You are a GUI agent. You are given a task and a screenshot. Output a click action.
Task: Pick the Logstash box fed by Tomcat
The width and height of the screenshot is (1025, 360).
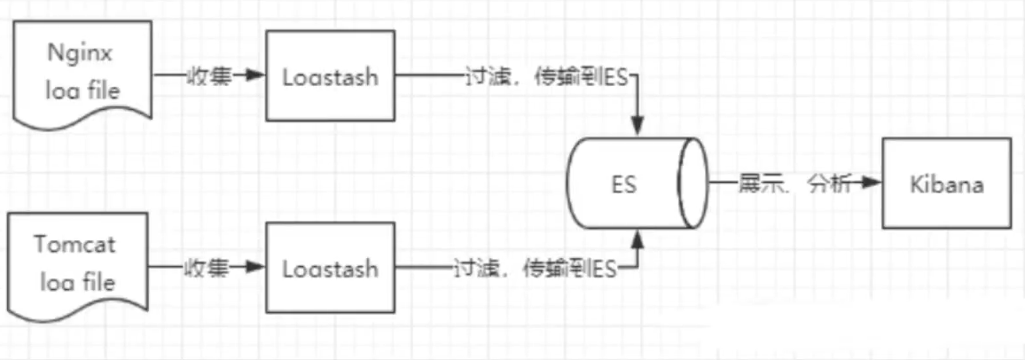click(330, 268)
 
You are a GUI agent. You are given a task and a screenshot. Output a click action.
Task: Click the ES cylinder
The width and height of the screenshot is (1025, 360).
click(638, 184)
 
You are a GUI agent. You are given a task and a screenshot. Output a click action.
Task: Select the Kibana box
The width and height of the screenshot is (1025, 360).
click(947, 184)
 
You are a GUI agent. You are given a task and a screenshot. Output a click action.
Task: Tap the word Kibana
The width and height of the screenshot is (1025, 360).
click(947, 184)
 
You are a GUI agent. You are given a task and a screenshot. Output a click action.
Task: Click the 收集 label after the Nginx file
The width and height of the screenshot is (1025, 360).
click(208, 76)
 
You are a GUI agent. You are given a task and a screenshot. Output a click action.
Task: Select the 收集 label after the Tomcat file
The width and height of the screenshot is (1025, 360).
click(208, 267)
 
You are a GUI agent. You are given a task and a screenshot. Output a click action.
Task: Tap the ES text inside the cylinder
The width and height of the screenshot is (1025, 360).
click(624, 184)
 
